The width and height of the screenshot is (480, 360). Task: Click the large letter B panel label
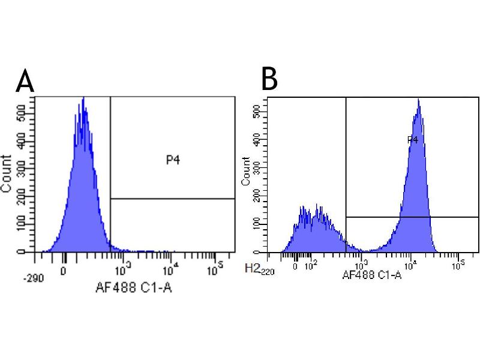point(269,79)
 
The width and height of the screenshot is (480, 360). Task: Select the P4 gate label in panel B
point(412,140)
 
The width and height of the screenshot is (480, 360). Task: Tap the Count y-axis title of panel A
point(7,173)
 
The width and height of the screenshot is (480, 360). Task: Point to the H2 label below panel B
point(253,269)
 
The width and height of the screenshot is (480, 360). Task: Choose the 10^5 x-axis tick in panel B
point(458,265)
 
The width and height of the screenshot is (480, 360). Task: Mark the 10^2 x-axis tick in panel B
point(311,265)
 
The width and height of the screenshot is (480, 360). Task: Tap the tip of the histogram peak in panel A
point(83,97)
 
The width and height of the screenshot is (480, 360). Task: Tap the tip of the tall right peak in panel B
point(418,99)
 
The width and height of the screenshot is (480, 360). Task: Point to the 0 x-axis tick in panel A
point(64,270)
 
